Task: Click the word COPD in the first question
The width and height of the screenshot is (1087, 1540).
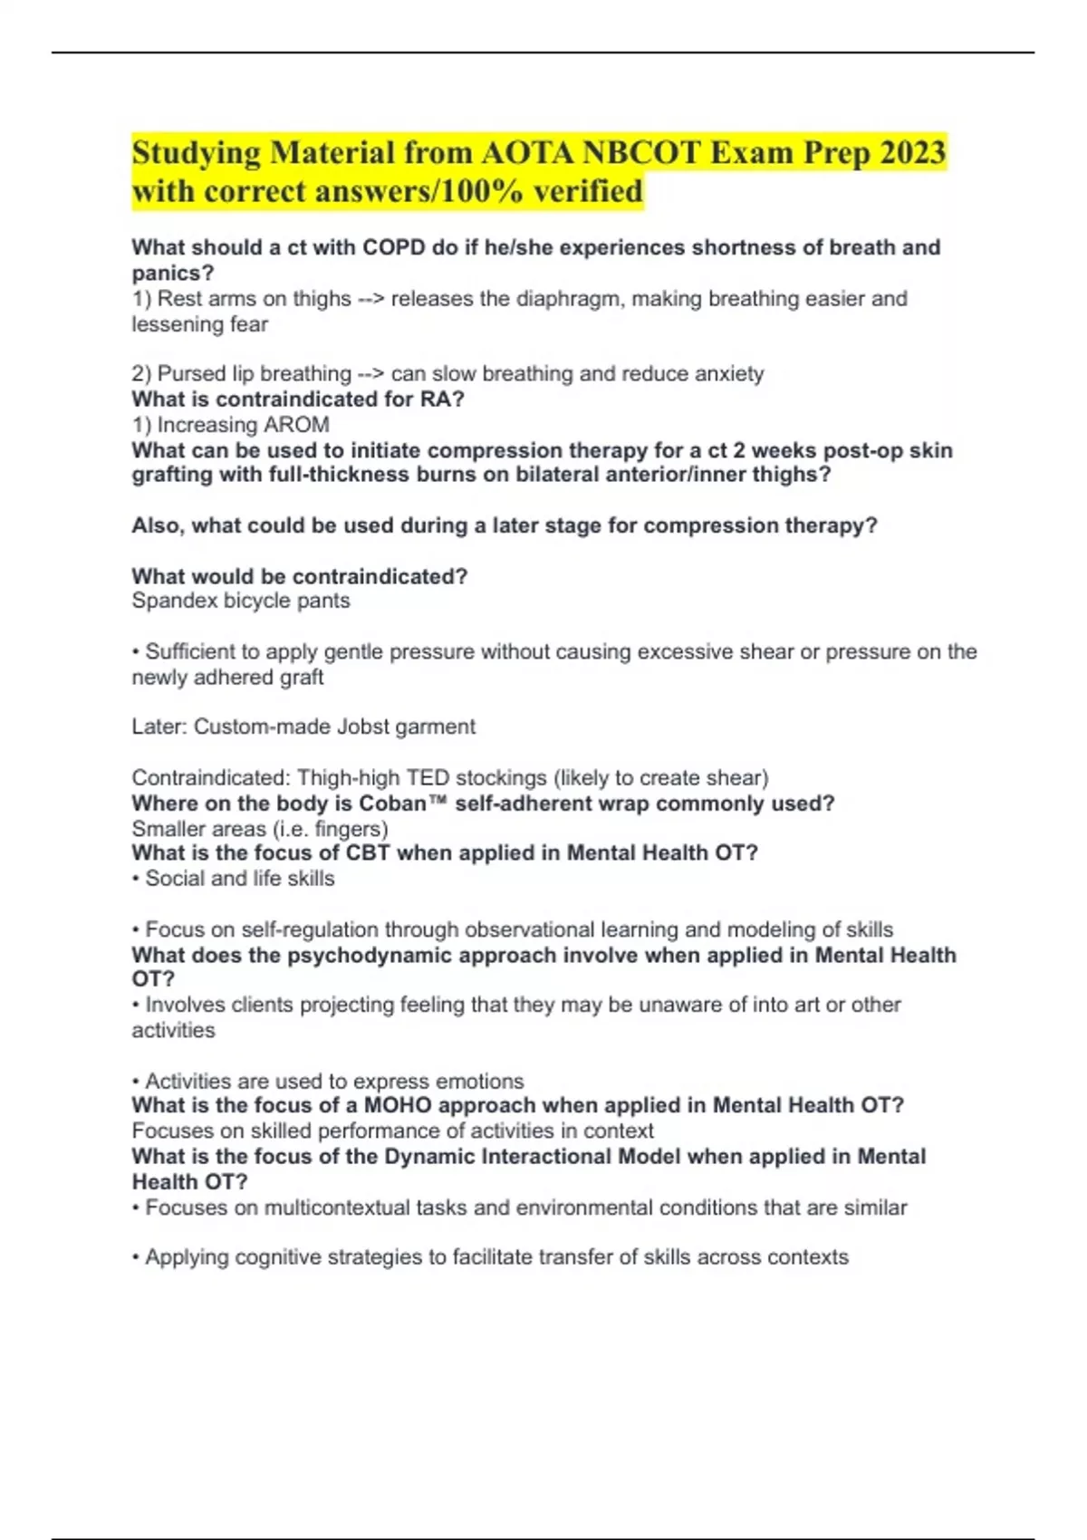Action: (394, 247)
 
